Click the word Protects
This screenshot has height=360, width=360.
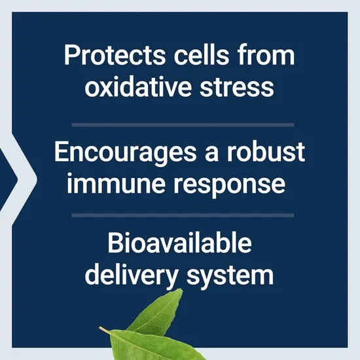click(x=107, y=56)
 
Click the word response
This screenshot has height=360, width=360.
click(x=228, y=183)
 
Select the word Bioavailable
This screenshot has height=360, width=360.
click(x=179, y=244)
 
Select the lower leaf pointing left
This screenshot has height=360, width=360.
click(x=137, y=344)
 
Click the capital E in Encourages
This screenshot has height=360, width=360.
click(x=61, y=153)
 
